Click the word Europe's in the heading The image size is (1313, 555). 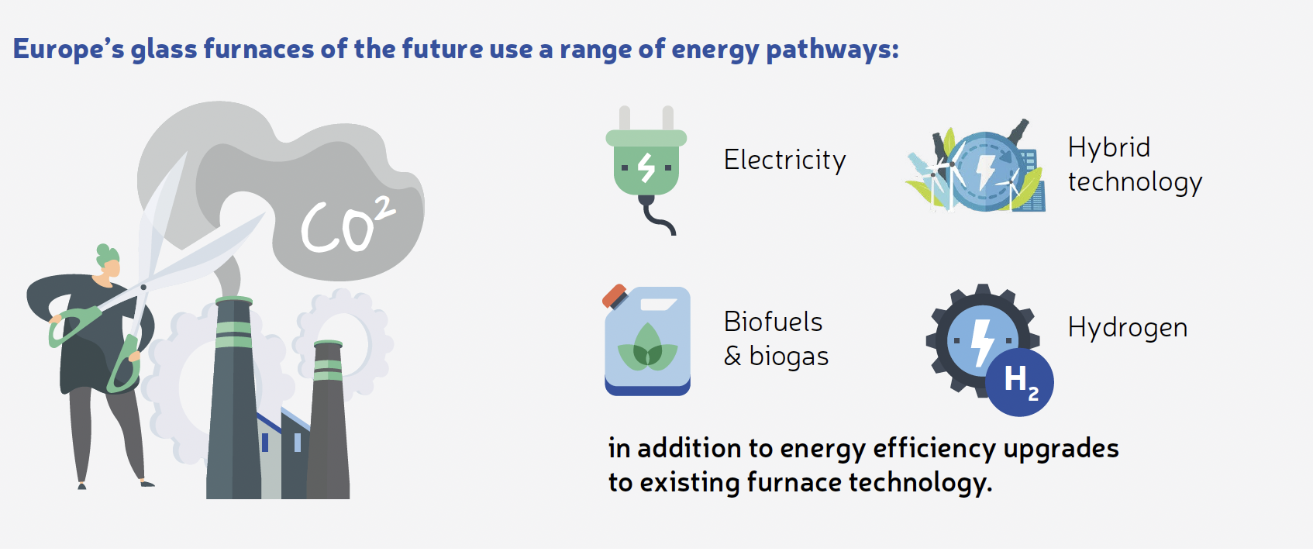68,50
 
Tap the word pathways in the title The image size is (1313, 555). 832,50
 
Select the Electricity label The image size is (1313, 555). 785,160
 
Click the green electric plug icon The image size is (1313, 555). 646,170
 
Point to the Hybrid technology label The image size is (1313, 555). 1135,164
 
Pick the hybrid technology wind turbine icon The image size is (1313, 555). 976,166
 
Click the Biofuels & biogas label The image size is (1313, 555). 776,339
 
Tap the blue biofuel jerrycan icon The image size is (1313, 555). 647,340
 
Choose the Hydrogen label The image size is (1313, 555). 1128,328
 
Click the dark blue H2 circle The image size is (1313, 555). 1019,382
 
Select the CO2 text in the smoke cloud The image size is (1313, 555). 347,226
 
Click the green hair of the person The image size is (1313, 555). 107,255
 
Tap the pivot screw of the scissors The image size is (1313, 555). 143,287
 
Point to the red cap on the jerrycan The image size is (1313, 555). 615,296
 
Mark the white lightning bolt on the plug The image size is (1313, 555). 646,167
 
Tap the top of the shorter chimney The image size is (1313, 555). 328,344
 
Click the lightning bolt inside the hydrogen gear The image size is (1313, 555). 981,344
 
